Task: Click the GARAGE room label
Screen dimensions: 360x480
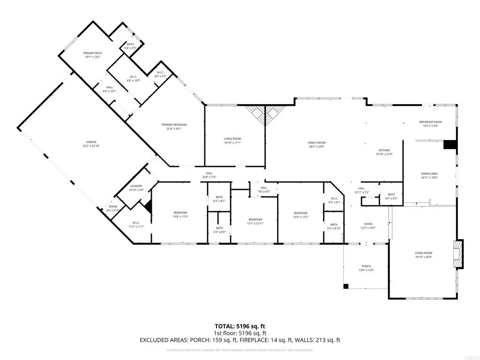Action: pos(91,142)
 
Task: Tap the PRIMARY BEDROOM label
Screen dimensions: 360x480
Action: pos(174,125)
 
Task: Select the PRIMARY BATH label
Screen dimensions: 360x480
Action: pos(92,53)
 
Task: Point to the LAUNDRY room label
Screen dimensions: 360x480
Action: pos(136,186)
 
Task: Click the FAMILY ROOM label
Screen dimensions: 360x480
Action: pos(316,142)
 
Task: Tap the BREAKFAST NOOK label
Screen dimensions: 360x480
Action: pos(430,122)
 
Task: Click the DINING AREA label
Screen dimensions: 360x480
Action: pos(429,174)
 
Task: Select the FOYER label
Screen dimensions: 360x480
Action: pos(368,224)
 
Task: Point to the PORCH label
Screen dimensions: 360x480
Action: pos(366,266)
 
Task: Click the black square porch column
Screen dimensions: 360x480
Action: pos(346,286)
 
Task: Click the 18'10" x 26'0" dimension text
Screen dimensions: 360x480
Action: pos(423,257)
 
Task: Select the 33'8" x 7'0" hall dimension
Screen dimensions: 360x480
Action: pos(209,177)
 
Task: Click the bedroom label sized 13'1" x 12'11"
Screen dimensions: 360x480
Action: pos(255,219)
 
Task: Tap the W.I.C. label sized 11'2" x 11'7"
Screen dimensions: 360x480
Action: pos(136,223)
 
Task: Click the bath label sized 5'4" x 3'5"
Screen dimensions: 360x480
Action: pos(130,44)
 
